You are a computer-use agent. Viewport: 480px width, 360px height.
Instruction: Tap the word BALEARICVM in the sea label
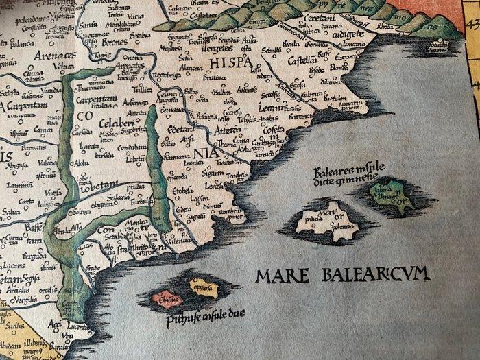[372, 276]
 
